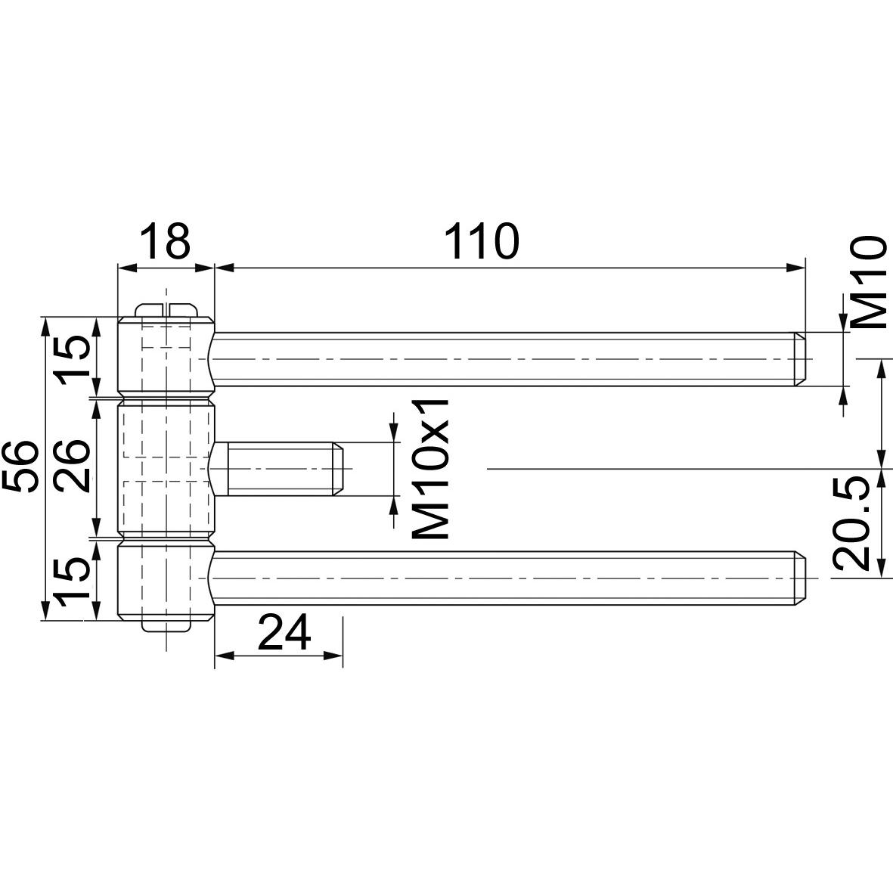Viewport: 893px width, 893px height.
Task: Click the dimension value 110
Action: coord(481,240)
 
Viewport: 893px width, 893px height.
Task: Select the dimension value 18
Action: coord(165,240)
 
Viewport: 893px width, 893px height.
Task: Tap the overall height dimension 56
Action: coord(20,467)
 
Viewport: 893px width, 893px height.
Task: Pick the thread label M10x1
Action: coord(430,469)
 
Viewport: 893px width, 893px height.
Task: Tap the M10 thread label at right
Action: coord(869,282)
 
